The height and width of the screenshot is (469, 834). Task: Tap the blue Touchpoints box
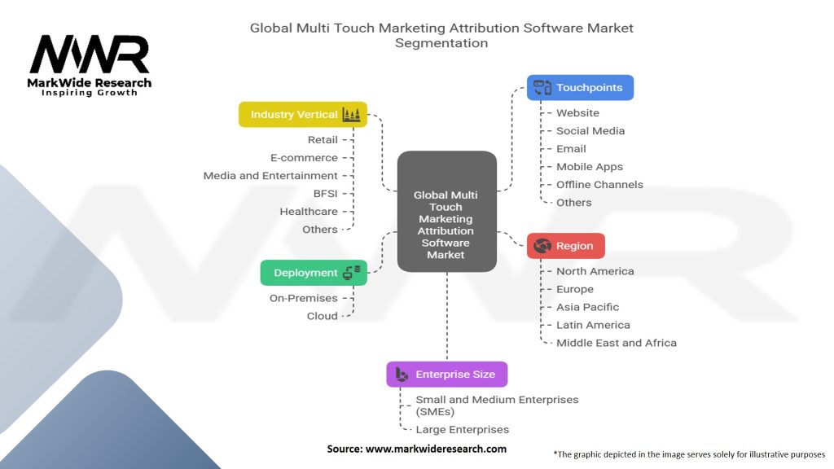580,87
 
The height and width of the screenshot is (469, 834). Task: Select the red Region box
566,246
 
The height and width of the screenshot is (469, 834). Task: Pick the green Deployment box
314,273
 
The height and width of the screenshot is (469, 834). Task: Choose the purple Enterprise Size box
446,375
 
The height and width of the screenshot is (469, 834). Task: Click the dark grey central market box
446,212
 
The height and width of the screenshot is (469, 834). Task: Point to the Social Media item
590,131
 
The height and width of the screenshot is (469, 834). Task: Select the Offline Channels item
599,185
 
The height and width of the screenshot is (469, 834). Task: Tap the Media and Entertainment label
270,176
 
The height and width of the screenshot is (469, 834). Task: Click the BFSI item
325,194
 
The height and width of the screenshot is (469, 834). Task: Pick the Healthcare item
309,212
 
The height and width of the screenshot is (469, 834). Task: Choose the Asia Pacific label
587,307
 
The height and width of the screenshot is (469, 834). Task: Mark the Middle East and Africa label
616,343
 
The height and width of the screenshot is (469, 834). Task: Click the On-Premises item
303,298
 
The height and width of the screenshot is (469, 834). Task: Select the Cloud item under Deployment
322,316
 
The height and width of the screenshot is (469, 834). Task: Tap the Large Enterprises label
462,429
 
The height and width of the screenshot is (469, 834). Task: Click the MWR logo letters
90,55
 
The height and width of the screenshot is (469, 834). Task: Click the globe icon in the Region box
542,246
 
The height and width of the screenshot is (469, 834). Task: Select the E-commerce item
304,158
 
